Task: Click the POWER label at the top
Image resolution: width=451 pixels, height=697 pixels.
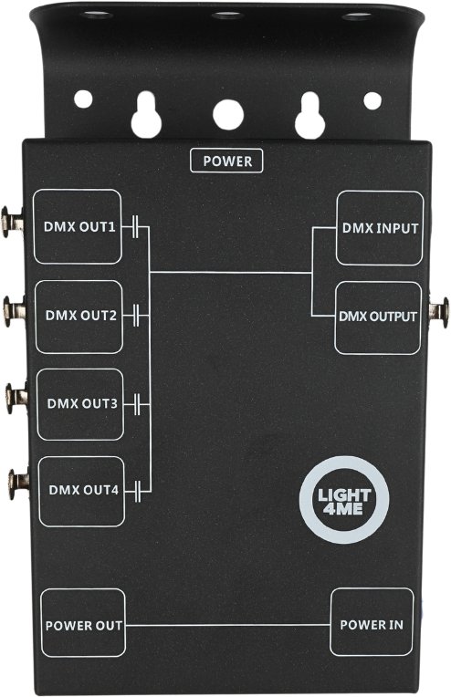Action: pos(226,161)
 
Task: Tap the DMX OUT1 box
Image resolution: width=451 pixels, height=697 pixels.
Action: pos(78,226)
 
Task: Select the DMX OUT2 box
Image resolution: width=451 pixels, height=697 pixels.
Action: pos(79,317)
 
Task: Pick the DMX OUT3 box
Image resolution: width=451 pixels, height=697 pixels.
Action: pos(80,404)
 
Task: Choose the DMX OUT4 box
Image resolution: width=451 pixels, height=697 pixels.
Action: pos(82,491)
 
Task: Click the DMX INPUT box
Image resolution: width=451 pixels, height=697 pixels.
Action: pos(380,228)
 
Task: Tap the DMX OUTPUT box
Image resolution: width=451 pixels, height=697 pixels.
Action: pos(378,317)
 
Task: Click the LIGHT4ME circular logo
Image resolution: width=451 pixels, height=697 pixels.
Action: pos(344,500)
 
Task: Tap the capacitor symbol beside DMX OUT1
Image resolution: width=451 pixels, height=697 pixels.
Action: pos(136,226)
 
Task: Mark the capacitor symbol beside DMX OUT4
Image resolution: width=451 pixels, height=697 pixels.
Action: pos(138,491)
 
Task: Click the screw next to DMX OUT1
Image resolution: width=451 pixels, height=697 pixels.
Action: pos(12,222)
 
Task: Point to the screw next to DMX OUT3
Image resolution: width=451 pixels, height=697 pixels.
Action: pos(16,398)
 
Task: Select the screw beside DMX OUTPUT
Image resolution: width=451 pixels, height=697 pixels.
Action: pos(439,313)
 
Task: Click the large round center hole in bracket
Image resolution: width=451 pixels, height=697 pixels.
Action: pos(228,115)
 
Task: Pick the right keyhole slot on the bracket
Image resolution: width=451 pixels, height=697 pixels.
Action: pos(310,116)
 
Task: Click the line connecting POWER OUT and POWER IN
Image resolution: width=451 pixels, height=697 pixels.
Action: pos(227,625)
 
